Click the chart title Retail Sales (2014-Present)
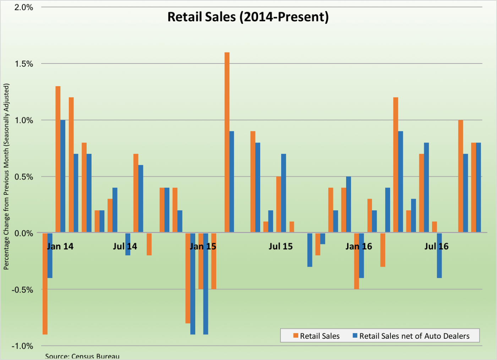248,17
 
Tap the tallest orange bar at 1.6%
227,142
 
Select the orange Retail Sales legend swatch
296,336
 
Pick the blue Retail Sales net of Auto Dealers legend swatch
355,336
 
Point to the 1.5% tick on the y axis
24,64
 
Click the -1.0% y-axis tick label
22,346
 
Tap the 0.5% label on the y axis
24,177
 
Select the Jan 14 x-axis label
60,246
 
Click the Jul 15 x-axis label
280,246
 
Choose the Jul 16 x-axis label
436,246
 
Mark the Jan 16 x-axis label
359,246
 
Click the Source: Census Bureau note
82,356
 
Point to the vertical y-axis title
6,177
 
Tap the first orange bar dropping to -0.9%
45,284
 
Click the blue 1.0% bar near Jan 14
63,176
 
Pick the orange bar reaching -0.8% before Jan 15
188,278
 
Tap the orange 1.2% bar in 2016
395,165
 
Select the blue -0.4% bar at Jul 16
439,255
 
